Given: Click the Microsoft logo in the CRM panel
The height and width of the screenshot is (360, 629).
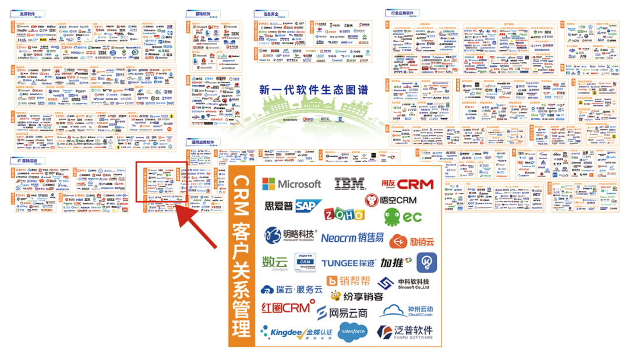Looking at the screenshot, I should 291,183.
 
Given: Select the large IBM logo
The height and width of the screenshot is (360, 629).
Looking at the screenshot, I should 349,183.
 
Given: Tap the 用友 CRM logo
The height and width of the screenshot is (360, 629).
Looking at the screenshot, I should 407,184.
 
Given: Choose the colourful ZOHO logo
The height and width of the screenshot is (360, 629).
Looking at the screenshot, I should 344,214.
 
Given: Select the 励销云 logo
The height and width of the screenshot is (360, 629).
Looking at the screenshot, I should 412,241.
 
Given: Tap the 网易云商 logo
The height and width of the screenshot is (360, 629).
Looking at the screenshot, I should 342,313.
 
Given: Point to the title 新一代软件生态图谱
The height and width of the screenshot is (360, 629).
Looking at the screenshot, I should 314,90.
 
